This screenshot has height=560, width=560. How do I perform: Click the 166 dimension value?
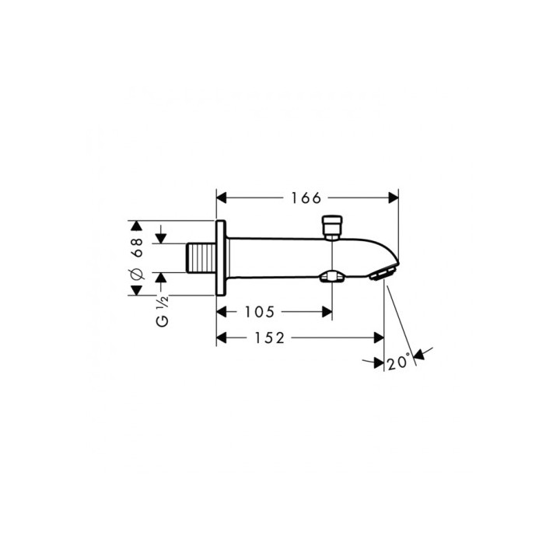coord(306,198)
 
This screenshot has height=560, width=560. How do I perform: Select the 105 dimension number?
coord(259,312)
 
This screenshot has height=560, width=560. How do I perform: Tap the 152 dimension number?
coord(269,338)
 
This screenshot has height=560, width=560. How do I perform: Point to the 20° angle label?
coord(398,362)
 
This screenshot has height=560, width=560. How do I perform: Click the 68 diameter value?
coord(137,247)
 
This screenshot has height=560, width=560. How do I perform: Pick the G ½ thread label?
coord(163,311)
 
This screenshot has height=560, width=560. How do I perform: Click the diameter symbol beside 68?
coord(137,275)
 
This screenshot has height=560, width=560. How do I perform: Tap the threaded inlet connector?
coord(201,258)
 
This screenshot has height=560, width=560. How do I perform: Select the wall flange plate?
coord(221,258)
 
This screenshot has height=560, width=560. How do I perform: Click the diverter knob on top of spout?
coord(332,226)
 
